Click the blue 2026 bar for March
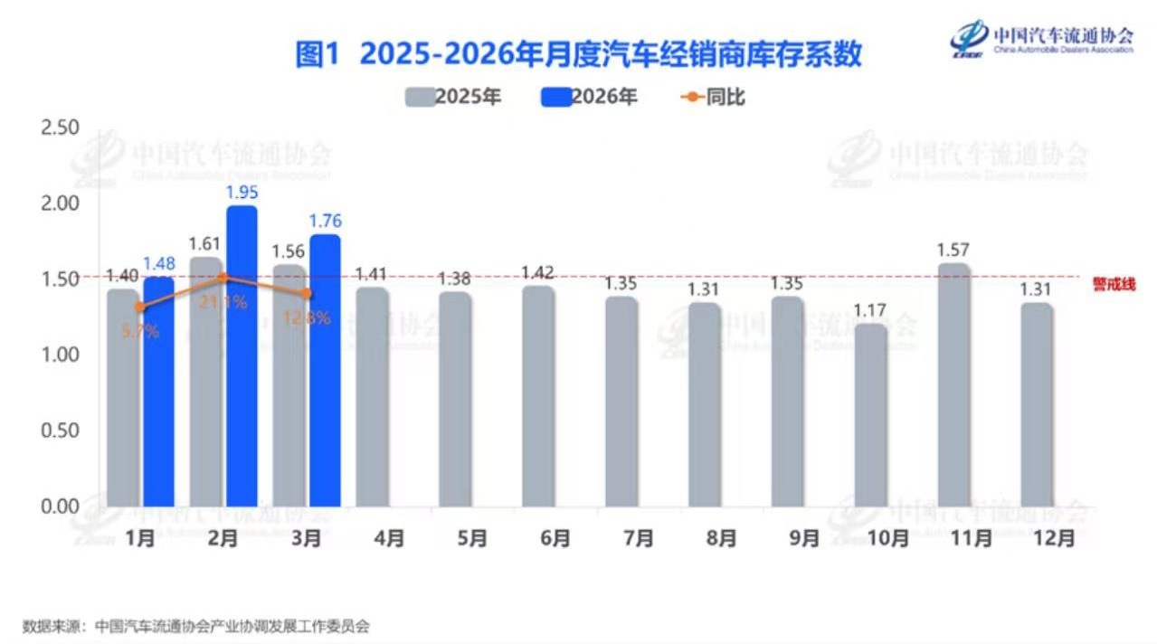[x=325, y=370]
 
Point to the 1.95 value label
[x=242, y=193]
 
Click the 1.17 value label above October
[x=871, y=310]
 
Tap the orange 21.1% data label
[x=224, y=302]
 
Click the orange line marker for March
[x=308, y=293]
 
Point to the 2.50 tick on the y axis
[x=61, y=126]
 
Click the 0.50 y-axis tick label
[x=61, y=430]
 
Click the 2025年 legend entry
[x=452, y=97]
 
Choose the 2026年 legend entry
[x=589, y=97]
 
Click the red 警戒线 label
[x=1114, y=285]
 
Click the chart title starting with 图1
[x=578, y=54]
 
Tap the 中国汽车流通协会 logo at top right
[x=1041, y=38]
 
